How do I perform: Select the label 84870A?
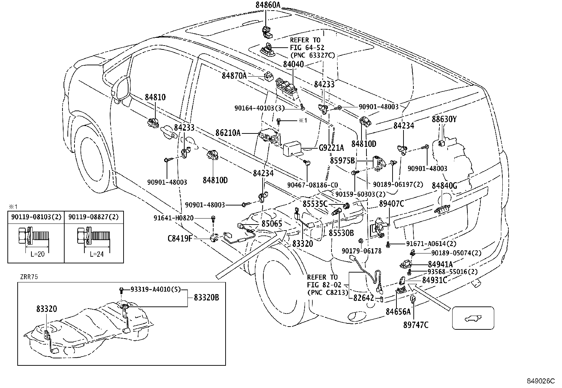tap(234, 76)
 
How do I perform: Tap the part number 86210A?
tap(228, 133)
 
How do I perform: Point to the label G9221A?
tap(331, 148)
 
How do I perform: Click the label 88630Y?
tap(444, 119)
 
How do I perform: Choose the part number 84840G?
tap(444, 186)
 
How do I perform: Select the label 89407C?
tap(391, 203)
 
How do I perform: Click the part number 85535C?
tap(315, 204)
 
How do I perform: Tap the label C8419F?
tap(180, 239)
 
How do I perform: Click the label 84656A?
tap(398, 311)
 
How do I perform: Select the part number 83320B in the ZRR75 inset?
tap(207, 298)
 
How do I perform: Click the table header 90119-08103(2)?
tap(36, 216)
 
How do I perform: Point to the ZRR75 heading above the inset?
tap(29, 277)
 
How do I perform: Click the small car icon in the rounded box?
tap(473, 318)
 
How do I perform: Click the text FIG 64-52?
tap(307, 48)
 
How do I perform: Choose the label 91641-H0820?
tap(173, 218)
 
